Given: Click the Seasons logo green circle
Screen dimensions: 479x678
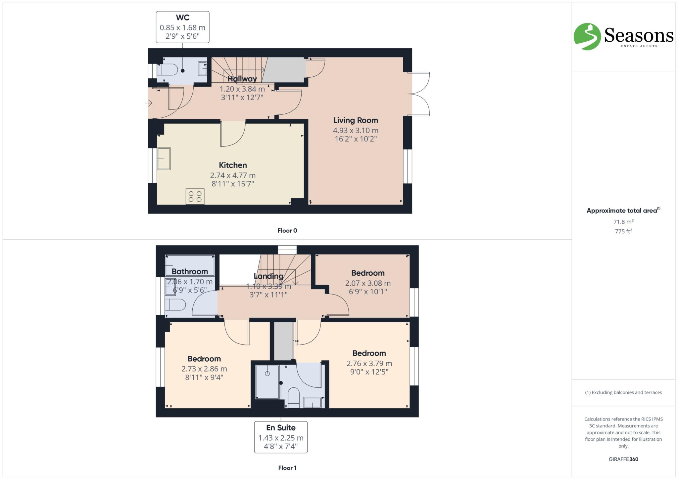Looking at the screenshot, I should (x=587, y=36).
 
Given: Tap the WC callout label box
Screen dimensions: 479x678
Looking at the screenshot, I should (x=182, y=27).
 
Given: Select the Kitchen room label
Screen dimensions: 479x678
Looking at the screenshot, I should (x=233, y=165).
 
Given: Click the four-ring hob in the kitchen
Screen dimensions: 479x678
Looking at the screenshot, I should (x=195, y=196).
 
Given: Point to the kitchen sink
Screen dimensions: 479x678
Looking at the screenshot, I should (x=164, y=159).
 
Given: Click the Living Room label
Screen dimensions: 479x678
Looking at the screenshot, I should (x=356, y=120).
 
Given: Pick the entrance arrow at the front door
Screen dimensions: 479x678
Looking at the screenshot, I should (x=149, y=103).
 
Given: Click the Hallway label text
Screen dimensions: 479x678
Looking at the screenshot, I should (x=242, y=79).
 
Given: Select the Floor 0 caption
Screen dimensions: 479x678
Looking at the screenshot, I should (x=287, y=231).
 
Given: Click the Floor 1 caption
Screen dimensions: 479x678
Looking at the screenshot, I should (x=287, y=468).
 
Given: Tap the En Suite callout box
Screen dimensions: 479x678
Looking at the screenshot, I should (x=281, y=437).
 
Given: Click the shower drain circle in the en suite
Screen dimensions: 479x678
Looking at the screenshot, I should (x=267, y=374).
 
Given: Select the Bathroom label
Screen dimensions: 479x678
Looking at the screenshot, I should (x=190, y=271).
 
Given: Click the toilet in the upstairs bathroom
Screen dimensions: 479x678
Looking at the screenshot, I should (x=176, y=305).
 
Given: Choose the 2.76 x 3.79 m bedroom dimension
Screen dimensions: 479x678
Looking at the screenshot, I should (x=369, y=363).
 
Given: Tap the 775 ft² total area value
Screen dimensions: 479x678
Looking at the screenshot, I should (x=623, y=231).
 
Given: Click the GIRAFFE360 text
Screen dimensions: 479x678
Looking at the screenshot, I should (x=623, y=459).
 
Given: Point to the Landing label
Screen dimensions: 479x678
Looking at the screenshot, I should (x=268, y=276).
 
